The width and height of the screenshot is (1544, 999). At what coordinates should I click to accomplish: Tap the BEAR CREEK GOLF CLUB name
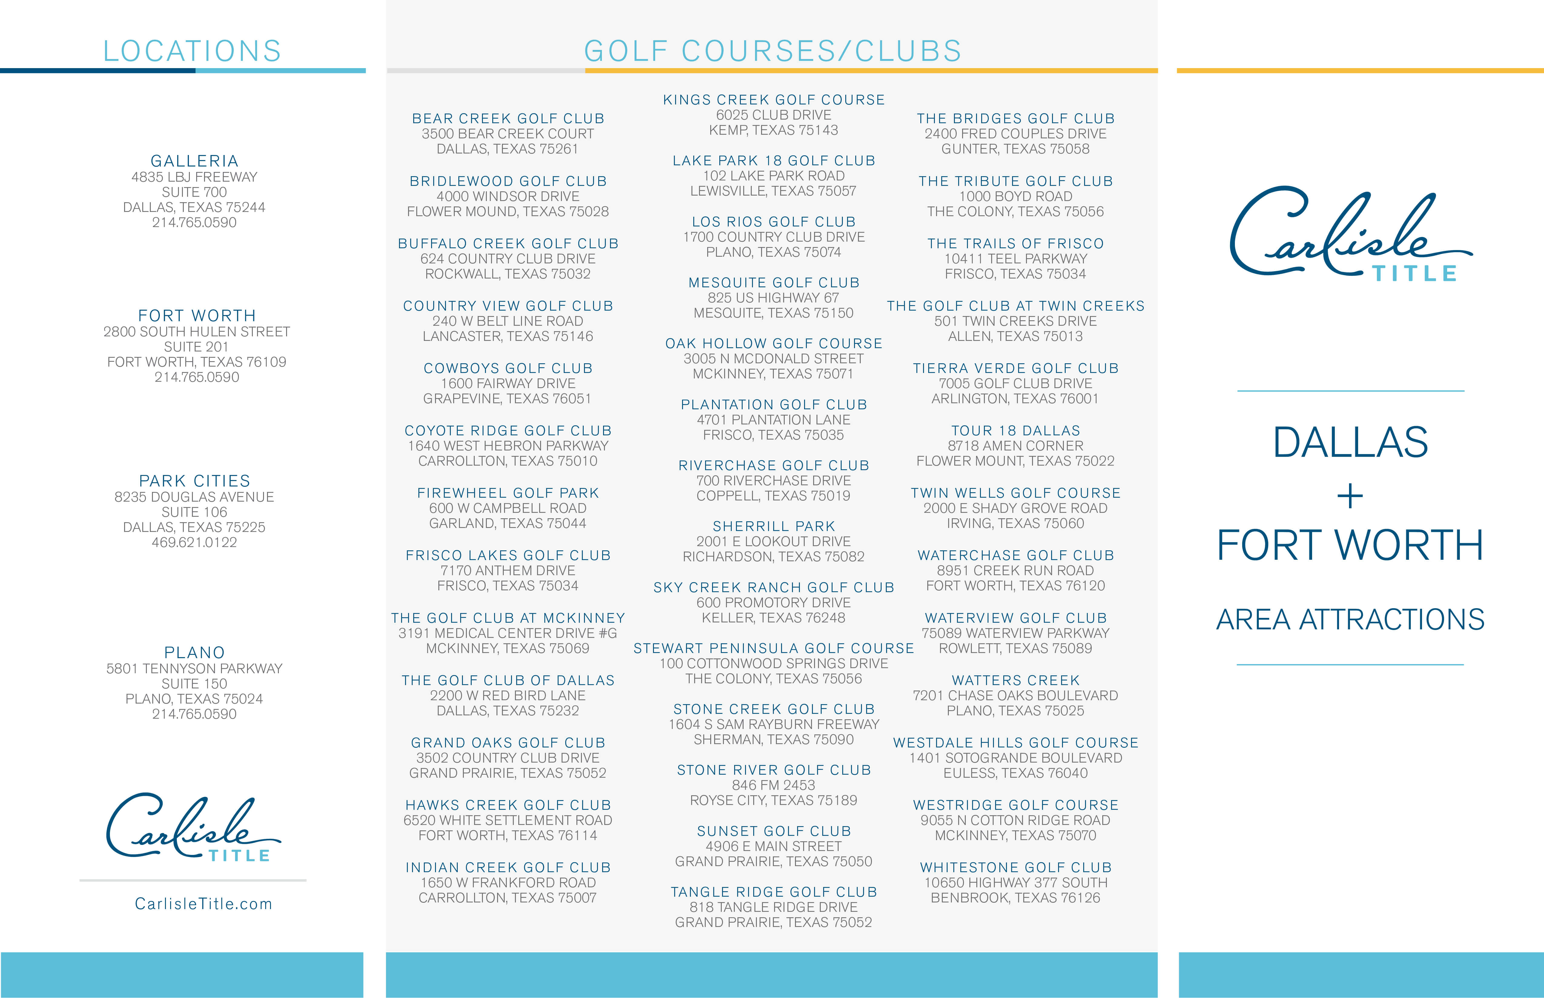(508, 119)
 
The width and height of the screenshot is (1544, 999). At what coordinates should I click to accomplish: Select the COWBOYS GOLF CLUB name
(508, 368)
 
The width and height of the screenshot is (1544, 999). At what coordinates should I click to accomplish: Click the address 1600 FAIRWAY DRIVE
(508, 383)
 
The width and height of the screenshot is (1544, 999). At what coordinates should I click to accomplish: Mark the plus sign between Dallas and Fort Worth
(1350, 497)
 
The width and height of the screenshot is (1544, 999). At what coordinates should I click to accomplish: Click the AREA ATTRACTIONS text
(1350, 619)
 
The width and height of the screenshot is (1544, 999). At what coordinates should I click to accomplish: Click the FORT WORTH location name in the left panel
(196, 316)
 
